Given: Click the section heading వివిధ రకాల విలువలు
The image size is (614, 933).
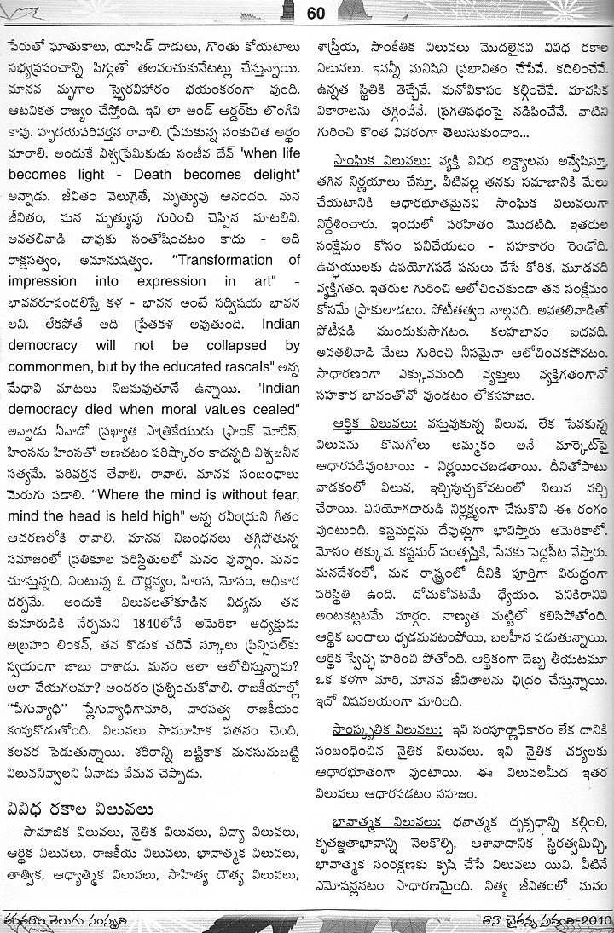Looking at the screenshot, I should [x=96, y=805].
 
